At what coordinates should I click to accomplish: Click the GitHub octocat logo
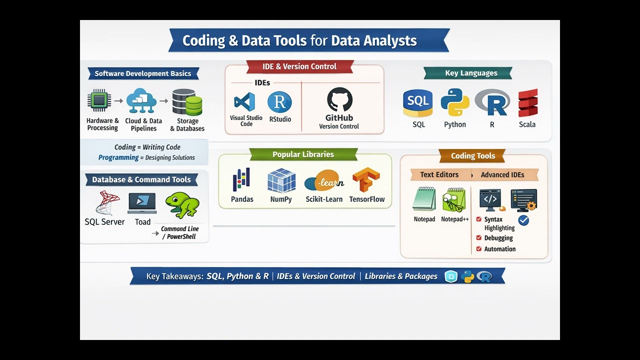coord(339,100)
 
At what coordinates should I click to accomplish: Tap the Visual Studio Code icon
coord(244,102)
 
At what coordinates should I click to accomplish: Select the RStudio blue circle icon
coord(279,102)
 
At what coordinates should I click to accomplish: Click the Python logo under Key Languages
coord(455,102)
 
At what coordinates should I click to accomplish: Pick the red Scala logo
coord(527,103)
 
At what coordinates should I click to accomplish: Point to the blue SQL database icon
coord(418,103)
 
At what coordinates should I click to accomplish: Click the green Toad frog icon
coord(182,205)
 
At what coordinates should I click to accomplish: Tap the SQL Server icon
coord(107,202)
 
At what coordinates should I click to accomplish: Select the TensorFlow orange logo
coord(366,180)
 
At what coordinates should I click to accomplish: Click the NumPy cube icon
coord(281,180)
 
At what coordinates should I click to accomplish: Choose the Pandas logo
coord(241,180)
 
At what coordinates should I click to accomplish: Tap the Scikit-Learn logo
coord(323,181)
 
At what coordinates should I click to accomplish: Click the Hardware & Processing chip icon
coord(99,100)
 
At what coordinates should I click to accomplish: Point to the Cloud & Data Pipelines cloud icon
coord(141,100)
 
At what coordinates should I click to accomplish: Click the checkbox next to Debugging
coord(479,238)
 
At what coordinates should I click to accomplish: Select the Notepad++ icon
coord(454,199)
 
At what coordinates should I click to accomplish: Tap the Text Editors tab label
coord(439,174)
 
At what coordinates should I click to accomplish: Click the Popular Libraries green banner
coord(303,154)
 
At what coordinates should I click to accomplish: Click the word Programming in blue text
coord(118,157)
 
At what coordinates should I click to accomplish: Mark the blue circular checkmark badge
coord(523,220)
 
